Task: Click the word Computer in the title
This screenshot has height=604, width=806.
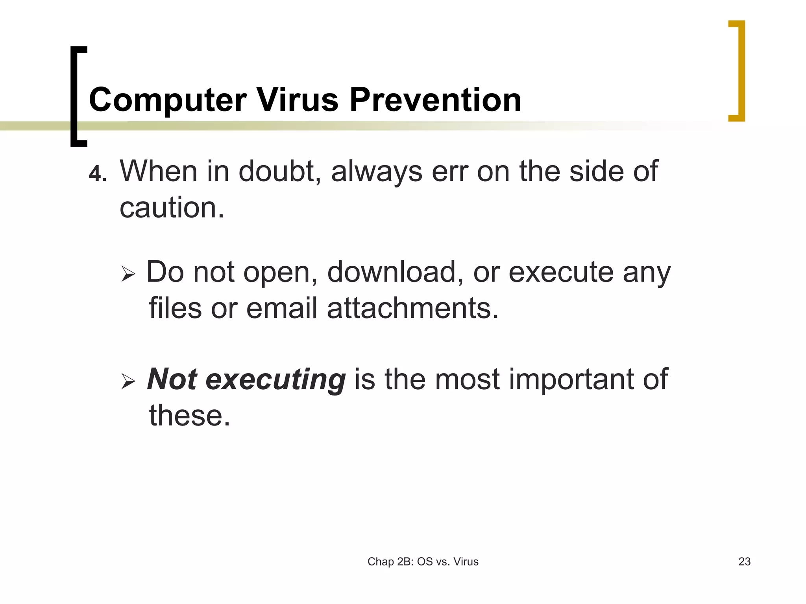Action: coord(168,100)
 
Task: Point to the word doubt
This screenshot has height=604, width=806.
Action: coord(280,171)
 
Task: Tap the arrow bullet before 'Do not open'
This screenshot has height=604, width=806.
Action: coord(128,273)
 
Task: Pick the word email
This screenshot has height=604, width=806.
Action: coord(281,308)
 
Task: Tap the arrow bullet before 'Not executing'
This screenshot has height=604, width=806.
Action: coord(128,381)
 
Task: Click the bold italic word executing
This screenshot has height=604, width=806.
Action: coord(275,380)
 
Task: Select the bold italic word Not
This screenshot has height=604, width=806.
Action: coord(172,379)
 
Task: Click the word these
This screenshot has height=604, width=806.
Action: coord(189,415)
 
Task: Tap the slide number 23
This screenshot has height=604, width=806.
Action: coord(744,562)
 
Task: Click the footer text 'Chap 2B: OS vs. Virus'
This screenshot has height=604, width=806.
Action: coord(423,562)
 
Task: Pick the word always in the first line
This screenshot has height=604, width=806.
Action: coord(376,172)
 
